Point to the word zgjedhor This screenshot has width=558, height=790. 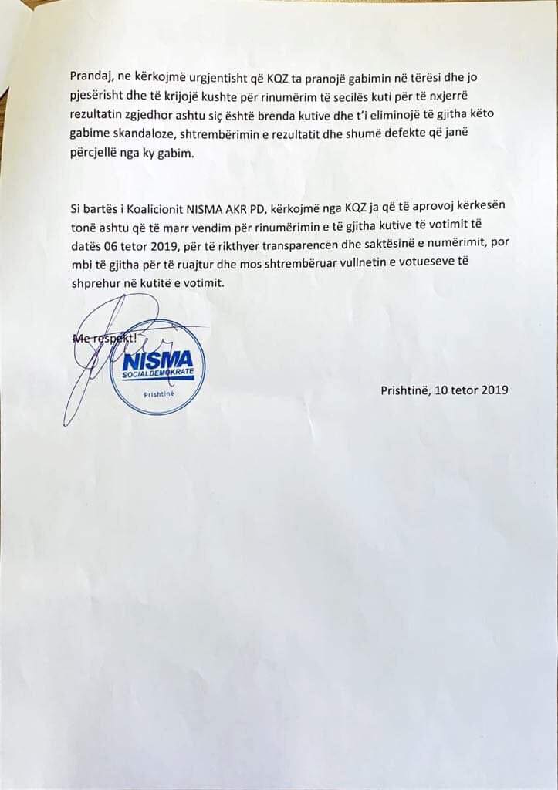point(154,116)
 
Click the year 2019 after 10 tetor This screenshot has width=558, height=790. point(494,390)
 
